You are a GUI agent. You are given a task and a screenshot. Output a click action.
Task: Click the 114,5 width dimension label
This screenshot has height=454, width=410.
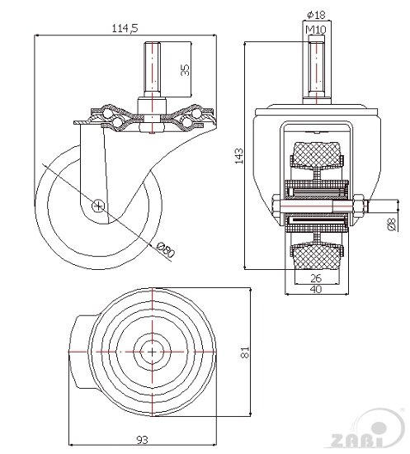click(125, 28)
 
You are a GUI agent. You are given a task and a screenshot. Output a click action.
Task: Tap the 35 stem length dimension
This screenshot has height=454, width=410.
click(185, 70)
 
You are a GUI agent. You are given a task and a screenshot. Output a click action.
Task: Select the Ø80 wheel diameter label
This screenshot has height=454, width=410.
click(166, 249)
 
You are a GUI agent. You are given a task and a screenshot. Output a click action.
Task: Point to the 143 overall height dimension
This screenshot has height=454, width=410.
click(239, 156)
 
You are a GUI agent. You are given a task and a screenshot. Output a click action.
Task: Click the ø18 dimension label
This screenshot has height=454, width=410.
click(316, 15)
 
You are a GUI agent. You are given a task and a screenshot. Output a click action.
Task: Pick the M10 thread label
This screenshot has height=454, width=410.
click(316, 29)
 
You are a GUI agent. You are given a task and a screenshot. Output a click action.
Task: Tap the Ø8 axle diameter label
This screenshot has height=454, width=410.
click(391, 225)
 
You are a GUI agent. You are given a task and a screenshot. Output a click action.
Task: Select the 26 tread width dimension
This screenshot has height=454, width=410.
click(316, 278)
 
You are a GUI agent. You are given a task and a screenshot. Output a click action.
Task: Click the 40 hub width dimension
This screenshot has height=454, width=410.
click(316, 289)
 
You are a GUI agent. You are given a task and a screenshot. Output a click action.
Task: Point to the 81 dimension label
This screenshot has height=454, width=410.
click(245, 352)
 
